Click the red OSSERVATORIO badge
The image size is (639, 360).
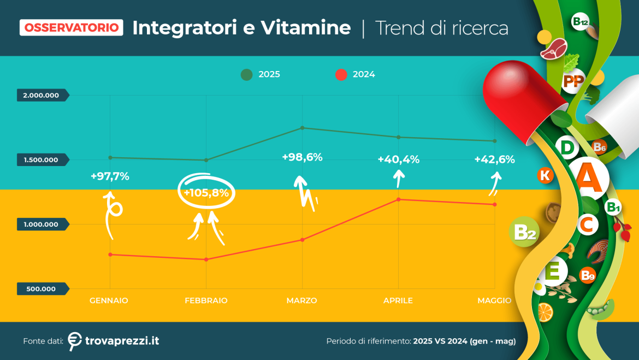point(71,27)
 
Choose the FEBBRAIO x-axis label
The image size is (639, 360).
point(206,300)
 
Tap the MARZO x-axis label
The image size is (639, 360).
point(301,300)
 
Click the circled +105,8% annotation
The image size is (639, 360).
point(206,192)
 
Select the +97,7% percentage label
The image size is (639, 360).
point(110,176)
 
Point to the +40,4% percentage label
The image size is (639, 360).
point(399,160)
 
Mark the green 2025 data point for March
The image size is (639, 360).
point(303,128)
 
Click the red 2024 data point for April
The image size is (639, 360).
point(399,199)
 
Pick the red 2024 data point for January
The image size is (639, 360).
point(110,255)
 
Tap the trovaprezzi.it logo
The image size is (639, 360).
point(114,340)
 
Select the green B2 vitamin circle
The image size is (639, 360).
point(524,233)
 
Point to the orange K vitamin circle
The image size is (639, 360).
point(545,175)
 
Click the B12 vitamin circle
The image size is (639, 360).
point(580,22)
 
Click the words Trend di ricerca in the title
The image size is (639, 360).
point(442,28)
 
